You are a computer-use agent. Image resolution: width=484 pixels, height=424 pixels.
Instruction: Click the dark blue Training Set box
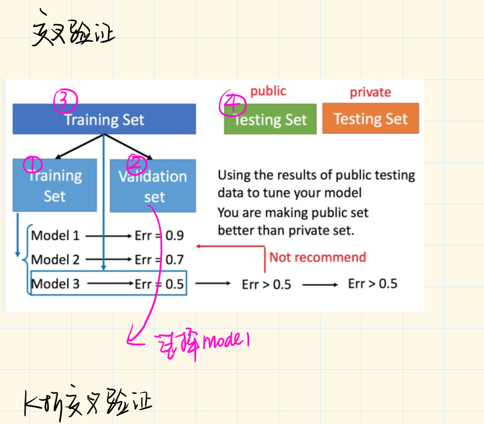pyautogui.click(x=104, y=119)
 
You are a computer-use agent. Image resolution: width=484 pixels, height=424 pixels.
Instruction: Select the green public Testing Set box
pyautogui.click(x=271, y=119)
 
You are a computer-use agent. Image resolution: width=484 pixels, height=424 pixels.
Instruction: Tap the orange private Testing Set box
pyautogui.click(x=370, y=119)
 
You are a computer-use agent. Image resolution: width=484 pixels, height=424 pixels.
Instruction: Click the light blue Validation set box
pyautogui.click(x=152, y=186)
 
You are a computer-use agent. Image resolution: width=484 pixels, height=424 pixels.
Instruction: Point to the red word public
pyautogui.click(x=268, y=91)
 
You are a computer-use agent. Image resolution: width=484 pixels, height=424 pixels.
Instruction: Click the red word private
pyautogui.click(x=370, y=93)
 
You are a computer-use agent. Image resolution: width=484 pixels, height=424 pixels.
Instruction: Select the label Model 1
pyautogui.click(x=55, y=235)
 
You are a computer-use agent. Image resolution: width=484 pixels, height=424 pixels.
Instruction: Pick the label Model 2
pyautogui.click(x=55, y=260)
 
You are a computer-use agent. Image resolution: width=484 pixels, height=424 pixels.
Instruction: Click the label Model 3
pyautogui.click(x=55, y=284)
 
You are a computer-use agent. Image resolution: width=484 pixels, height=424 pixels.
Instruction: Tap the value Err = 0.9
pyautogui.click(x=159, y=235)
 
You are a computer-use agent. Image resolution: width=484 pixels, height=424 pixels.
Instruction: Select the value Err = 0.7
pyautogui.click(x=159, y=260)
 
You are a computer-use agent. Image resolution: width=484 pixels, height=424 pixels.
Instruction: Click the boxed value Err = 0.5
pyautogui.click(x=159, y=284)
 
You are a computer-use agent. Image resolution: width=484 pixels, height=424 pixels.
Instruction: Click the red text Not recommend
pyautogui.click(x=317, y=258)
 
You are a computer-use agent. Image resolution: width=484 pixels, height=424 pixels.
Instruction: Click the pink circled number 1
pyautogui.click(x=33, y=163)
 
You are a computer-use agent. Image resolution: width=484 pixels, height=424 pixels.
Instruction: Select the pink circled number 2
pyautogui.click(x=136, y=163)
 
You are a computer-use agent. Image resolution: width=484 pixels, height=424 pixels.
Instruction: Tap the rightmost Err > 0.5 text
pyautogui.click(x=372, y=284)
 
